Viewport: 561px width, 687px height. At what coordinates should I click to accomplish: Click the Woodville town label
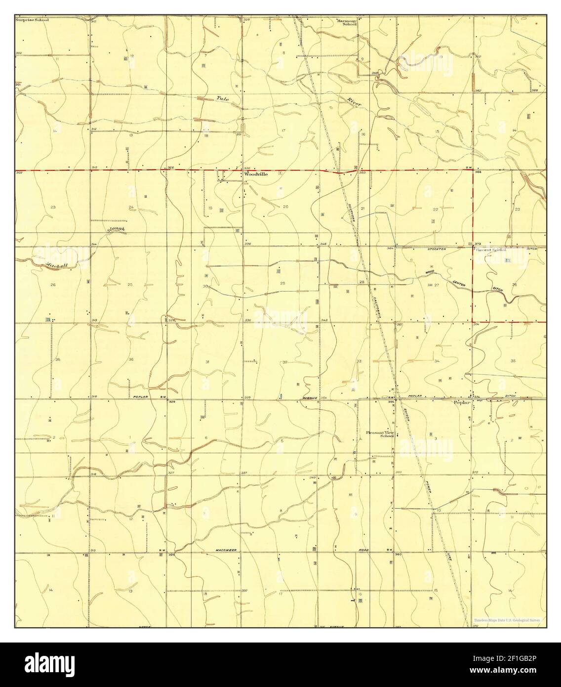255,174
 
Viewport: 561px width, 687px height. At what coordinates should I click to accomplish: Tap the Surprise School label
32,21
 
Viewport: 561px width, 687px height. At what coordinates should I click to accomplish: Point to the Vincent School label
491,250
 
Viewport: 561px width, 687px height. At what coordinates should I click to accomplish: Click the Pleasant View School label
380,434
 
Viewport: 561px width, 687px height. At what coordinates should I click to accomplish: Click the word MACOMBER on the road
227,550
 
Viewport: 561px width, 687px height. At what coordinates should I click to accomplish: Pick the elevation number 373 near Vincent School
478,245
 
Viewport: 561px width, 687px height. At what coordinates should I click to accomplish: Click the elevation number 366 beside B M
478,172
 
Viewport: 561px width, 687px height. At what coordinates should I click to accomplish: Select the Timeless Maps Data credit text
507,620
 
